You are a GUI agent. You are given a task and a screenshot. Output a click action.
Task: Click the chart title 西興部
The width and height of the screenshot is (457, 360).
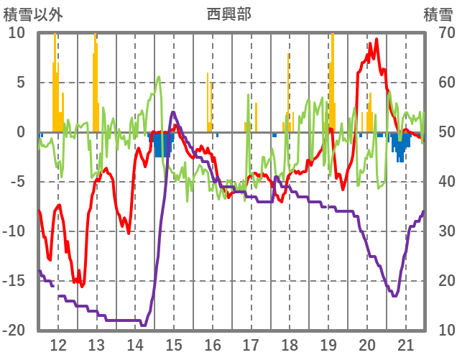coord(228,14)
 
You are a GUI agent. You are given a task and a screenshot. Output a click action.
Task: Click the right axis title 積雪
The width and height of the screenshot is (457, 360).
coord(437,14)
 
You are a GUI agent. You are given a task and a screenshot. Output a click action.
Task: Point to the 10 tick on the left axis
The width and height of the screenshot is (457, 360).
coord(17,33)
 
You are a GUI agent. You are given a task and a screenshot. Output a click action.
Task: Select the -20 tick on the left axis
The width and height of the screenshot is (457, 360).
coord(14,331)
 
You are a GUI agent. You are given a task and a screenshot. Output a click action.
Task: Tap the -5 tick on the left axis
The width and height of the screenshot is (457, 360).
coord(17,182)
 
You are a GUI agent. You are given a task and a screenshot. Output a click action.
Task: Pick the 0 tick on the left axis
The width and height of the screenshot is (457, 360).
coord(20,132)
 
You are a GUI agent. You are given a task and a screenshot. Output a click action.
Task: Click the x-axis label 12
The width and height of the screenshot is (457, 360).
coord(58,345)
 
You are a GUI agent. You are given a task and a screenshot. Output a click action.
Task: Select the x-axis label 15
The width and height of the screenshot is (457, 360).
coord(173,345)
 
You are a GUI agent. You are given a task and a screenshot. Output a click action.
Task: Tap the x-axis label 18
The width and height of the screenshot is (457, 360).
coord(290,345)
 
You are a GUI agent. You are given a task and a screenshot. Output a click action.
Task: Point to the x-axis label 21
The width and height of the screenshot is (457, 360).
coord(406,345)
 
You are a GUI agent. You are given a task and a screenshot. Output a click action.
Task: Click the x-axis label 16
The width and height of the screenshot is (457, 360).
coord(213,345)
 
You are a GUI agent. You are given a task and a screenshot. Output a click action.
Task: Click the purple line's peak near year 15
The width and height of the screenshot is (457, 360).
coord(173,112)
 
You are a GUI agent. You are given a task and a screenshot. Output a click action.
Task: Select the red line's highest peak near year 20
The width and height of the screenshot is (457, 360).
coord(370,44)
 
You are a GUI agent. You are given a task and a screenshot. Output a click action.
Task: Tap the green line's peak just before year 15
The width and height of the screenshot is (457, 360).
coord(159,77)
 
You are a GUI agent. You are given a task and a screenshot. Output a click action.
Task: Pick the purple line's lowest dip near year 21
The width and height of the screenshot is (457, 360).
coord(394,295)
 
